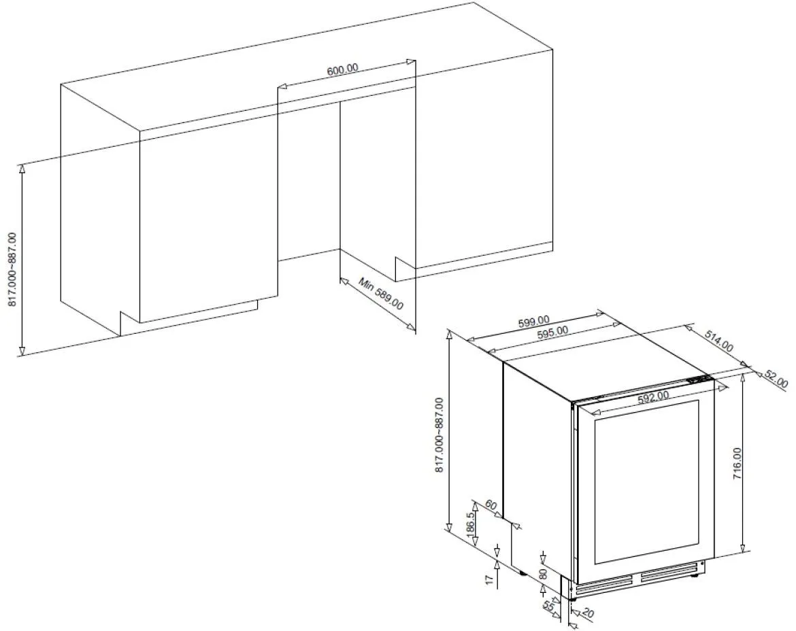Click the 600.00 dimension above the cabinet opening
click(342, 70)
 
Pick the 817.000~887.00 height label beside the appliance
click(440, 435)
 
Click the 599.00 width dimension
click(533, 321)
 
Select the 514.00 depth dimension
click(718, 338)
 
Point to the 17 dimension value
click(488, 580)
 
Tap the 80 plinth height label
click(543, 573)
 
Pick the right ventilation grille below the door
click(670, 575)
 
